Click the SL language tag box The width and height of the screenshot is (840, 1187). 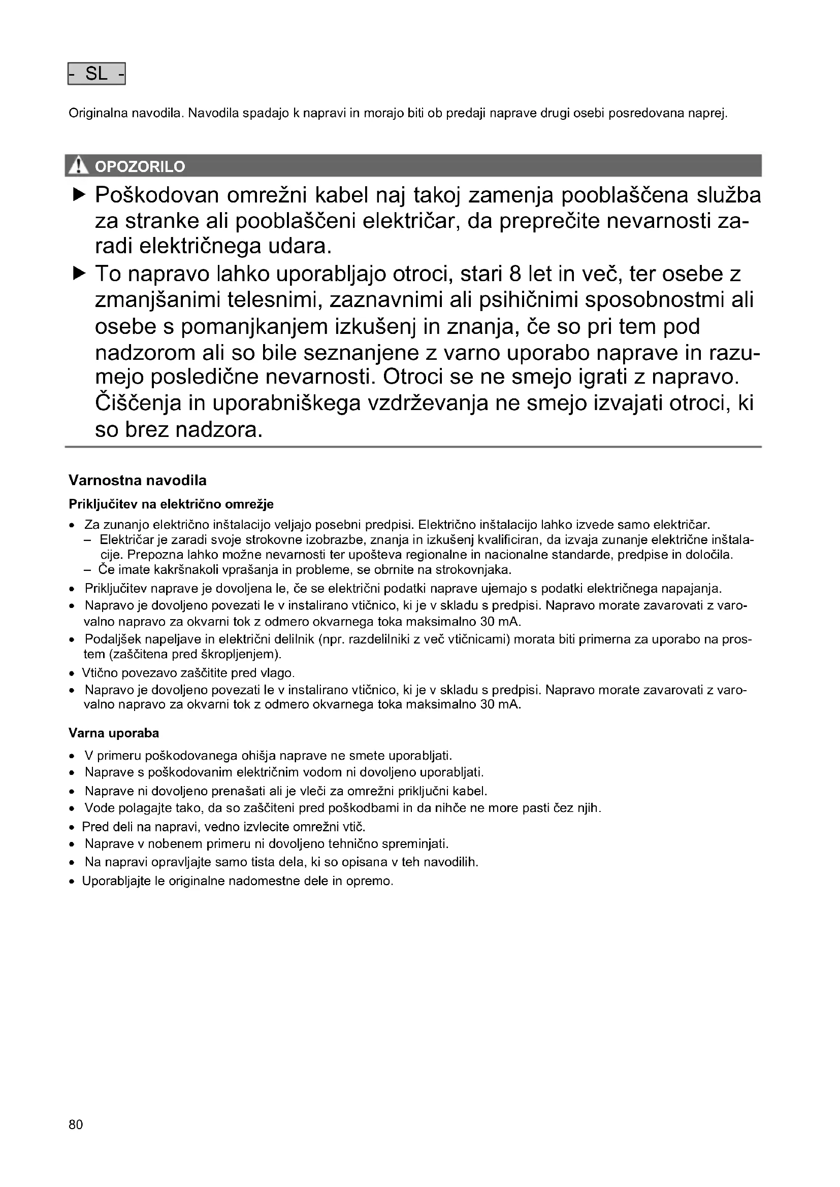click(96, 74)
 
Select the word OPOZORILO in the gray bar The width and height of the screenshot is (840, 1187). click(140, 166)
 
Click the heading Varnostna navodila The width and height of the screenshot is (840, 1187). click(138, 480)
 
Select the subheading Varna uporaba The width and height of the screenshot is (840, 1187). click(114, 733)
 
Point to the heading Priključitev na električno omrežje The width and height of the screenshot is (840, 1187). click(171, 503)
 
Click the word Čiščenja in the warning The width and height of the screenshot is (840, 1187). click(138, 404)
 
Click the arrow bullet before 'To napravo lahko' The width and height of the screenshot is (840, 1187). click(79, 273)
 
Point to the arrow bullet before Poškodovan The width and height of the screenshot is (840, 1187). click(79, 194)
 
